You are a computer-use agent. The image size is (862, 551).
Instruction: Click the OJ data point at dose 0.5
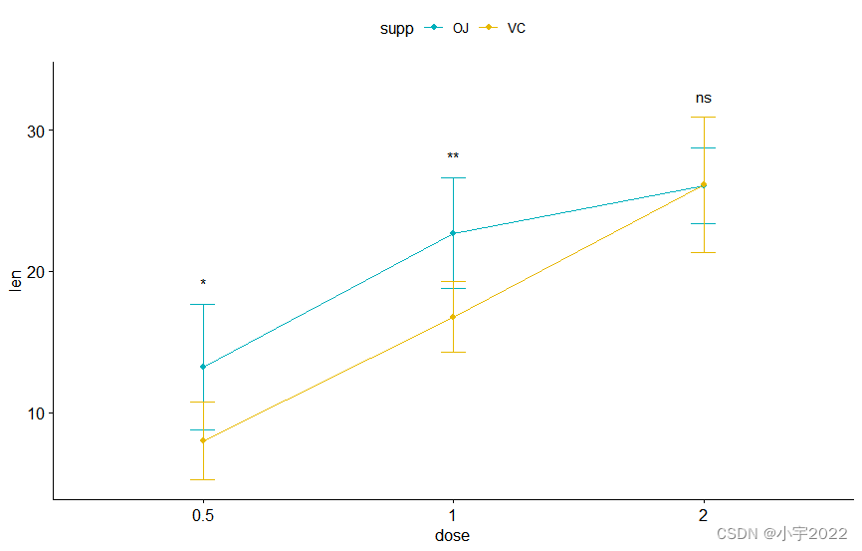(x=203, y=367)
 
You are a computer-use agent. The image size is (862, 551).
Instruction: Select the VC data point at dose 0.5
(x=203, y=440)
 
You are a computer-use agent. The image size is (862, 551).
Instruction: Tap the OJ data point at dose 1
(x=453, y=233)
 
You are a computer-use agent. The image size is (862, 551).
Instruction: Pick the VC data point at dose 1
(x=453, y=317)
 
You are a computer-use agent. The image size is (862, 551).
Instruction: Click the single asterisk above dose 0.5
(x=203, y=284)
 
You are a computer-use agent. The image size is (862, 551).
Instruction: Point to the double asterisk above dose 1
(x=453, y=157)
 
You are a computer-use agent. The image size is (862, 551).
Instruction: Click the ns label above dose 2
(x=704, y=99)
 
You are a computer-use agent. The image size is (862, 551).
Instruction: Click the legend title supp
(x=396, y=29)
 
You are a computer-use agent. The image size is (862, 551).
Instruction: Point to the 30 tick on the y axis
(x=33, y=131)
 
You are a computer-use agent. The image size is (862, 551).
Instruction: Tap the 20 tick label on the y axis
(x=33, y=272)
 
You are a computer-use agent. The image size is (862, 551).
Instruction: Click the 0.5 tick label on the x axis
(x=203, y=516)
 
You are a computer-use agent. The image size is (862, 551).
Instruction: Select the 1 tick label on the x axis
(x=453, y=516)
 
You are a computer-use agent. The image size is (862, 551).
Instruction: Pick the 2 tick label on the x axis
(x=704, y=516)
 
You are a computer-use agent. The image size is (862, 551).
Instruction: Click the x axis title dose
(x=452, y=536)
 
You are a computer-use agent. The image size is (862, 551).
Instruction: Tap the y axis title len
(x=15, y=281)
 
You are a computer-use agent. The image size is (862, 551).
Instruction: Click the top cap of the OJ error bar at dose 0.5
(x=203, y=304)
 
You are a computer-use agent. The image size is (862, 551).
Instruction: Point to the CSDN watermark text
(x=781, y=533)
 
